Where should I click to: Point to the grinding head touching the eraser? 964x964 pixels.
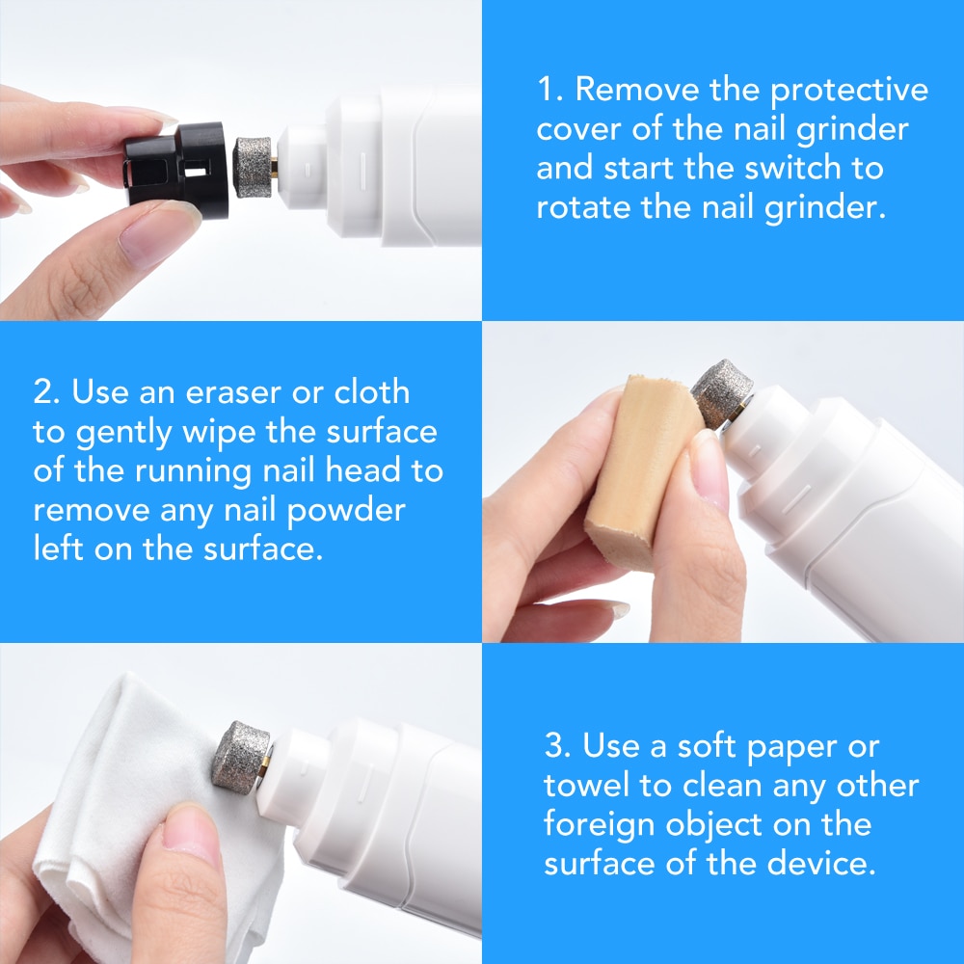click(721, 393)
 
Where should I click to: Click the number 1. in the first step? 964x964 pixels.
click(550, 91)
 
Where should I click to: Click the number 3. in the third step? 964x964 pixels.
click(558, 747)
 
